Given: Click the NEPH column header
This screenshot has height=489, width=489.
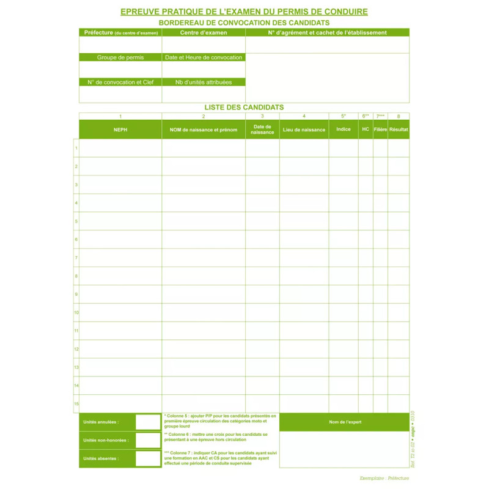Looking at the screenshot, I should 120,130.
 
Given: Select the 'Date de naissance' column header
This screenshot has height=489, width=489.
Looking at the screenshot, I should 262,130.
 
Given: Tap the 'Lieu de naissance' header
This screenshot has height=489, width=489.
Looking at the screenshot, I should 304,130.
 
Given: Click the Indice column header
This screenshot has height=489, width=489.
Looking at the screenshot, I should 344,130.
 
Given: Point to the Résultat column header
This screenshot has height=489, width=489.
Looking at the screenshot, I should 399,130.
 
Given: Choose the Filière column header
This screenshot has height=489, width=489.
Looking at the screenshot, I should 380,130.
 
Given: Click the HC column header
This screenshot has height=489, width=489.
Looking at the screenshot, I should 366,130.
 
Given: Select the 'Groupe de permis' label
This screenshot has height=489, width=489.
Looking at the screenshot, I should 120,57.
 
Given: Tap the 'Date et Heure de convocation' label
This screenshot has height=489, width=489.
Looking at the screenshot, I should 204,57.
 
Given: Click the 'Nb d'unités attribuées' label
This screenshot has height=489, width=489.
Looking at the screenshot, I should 204,82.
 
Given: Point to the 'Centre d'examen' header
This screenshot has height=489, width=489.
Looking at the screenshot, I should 204,32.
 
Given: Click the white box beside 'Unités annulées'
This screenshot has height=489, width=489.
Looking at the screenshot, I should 147,422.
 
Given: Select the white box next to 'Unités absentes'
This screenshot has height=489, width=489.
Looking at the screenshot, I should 147,458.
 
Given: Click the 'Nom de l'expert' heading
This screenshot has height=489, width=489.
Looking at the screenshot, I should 344,422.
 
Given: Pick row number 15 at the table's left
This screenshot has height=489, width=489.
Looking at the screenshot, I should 76,403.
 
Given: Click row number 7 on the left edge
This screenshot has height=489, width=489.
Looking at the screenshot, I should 76,258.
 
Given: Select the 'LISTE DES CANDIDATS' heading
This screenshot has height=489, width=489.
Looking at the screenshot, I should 244,107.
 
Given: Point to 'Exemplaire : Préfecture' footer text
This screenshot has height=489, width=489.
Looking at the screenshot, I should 384,478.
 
